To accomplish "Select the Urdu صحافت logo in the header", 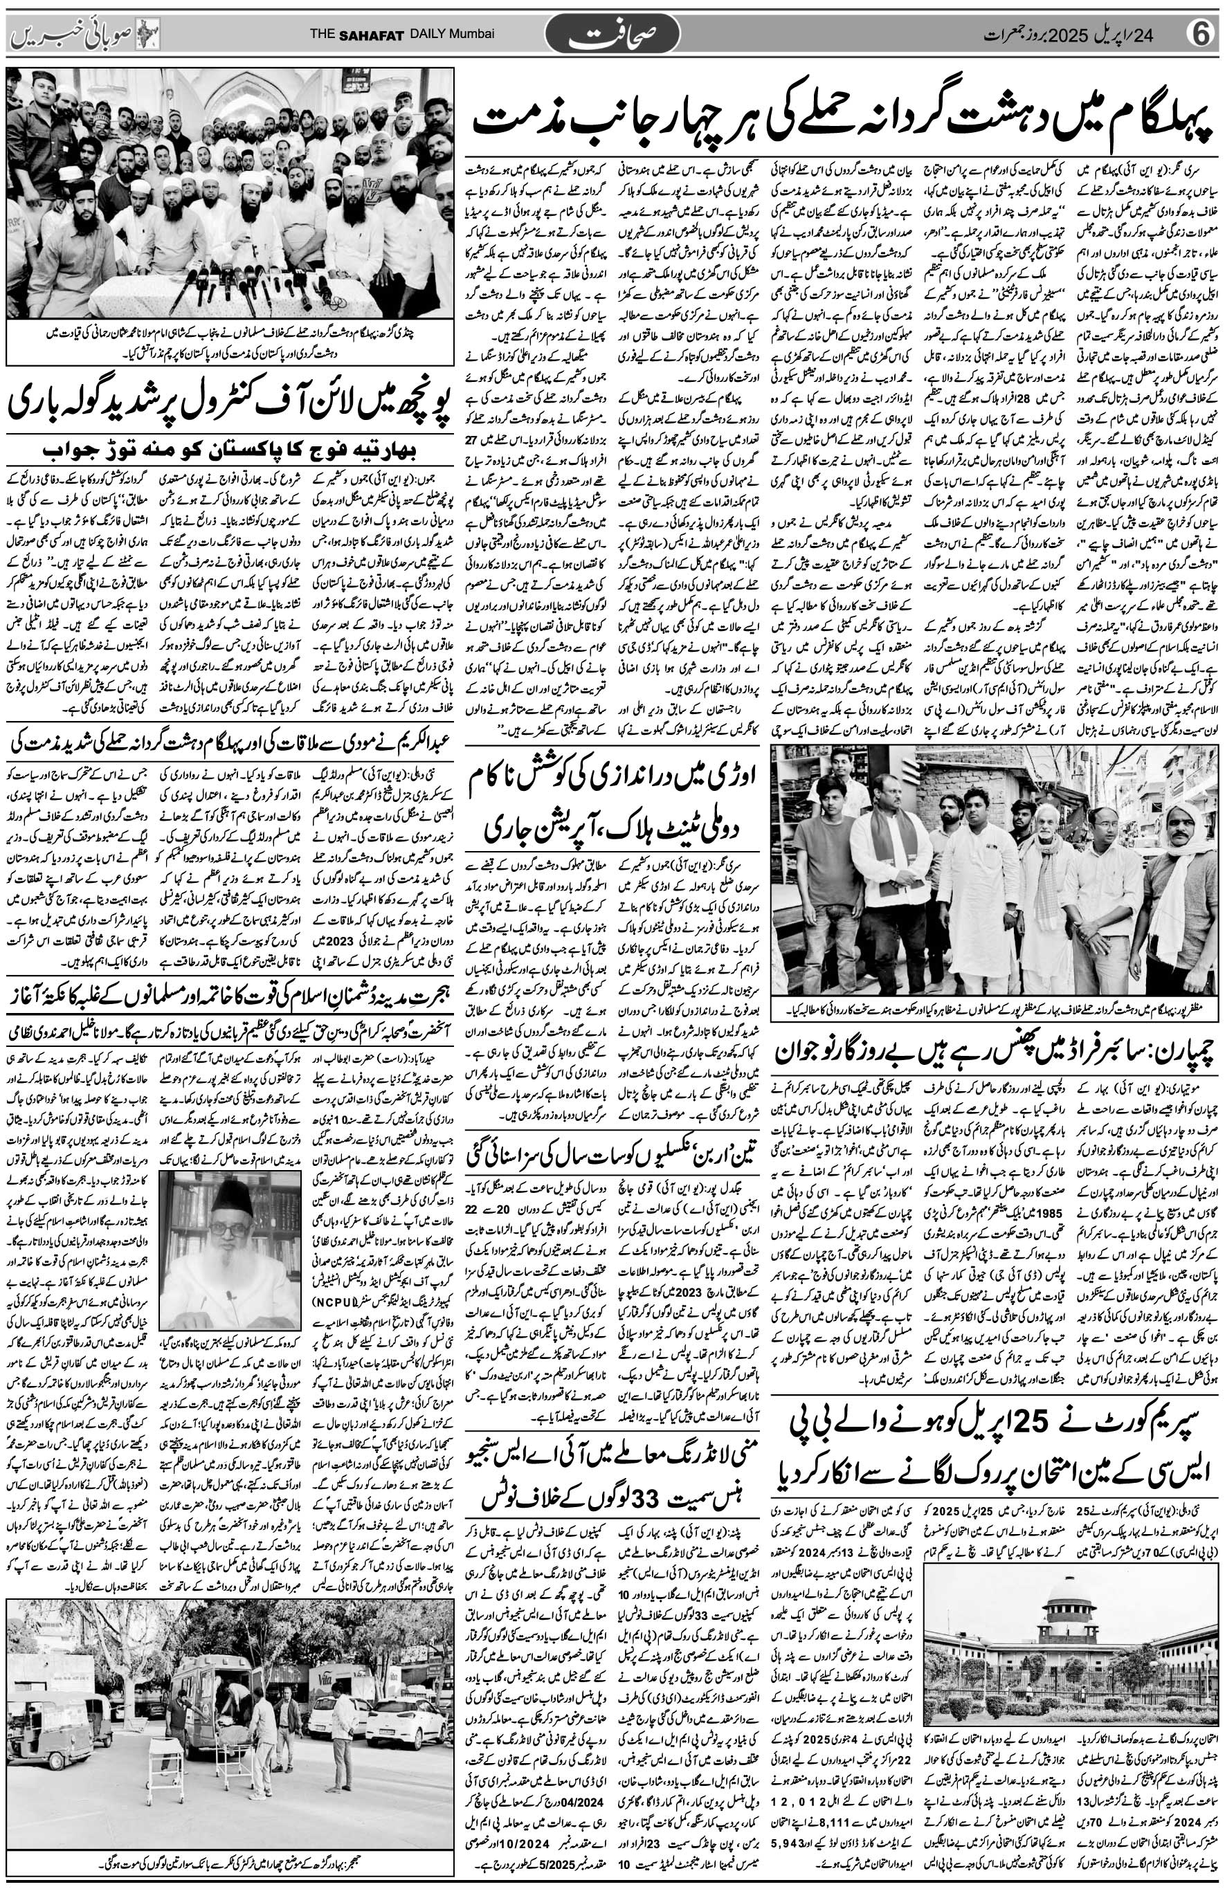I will coord(613,35).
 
